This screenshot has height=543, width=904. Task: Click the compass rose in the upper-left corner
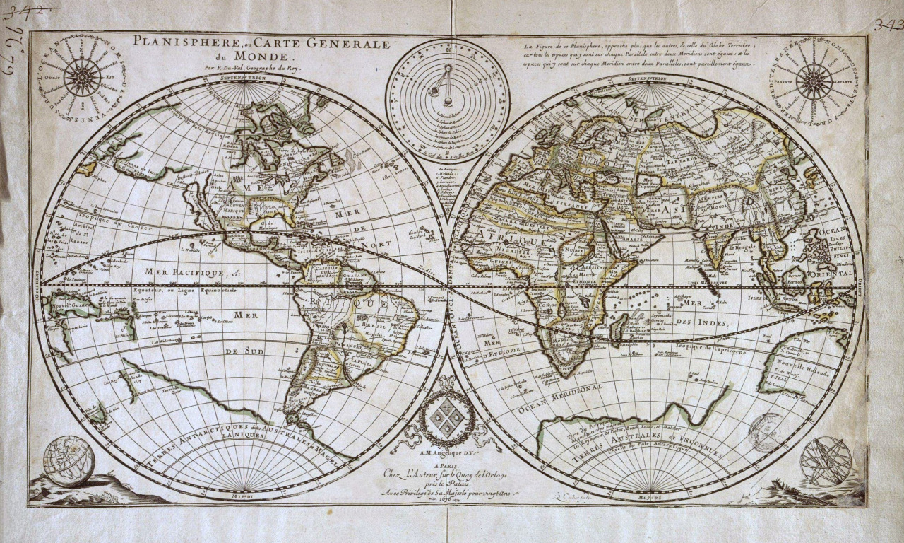point(83,77)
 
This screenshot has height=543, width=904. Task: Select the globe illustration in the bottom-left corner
point(69,461)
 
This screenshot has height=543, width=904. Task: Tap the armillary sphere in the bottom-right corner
point(826,461)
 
